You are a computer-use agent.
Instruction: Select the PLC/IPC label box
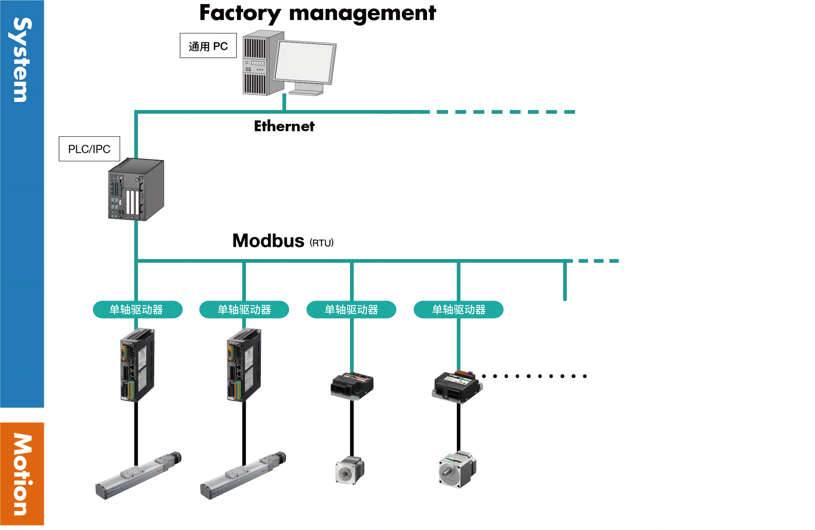(x=89, y=149)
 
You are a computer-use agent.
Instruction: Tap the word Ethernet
(x=284, y=126)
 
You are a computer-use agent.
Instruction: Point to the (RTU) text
(x=321, y=243)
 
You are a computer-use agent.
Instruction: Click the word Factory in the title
(x=240, y=14)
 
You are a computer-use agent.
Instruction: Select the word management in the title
(x=362, y=14)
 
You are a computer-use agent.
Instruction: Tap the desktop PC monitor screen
(x=304, y=62)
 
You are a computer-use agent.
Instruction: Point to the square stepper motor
(x=350, y=470)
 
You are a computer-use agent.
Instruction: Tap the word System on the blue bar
(x=22, y=60)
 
